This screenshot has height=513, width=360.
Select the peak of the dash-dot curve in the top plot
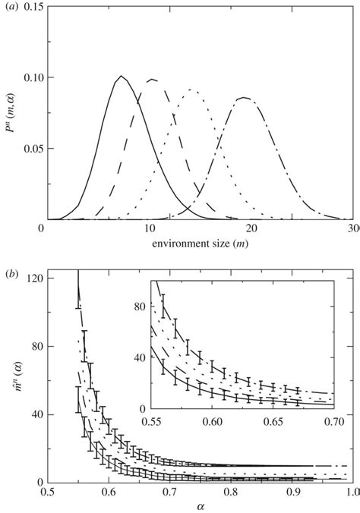244,97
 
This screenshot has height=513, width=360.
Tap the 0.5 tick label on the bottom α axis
47,493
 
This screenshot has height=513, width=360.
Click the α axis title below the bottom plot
200,506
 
